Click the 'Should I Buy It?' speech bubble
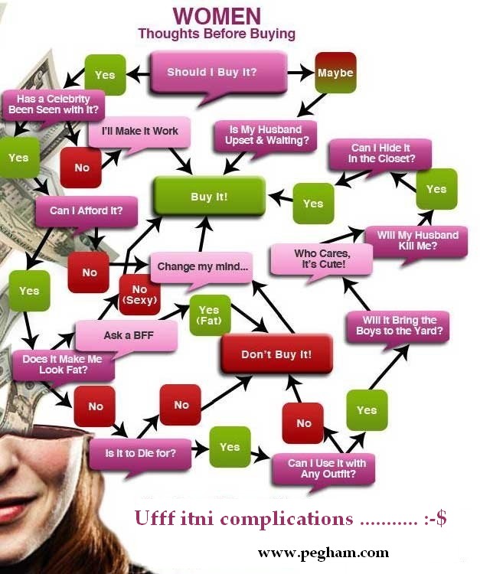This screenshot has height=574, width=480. pyautogui.click(x=218, y=73)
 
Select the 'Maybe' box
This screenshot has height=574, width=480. pyautogui.click(x=335, y=73)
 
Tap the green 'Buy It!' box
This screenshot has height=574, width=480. pyautogui.click(x=210, y=197)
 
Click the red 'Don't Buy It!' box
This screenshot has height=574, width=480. pyautogui.click(x=276, y=354)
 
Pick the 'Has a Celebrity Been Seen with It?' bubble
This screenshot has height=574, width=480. pyautogui.click(x=54, y=105)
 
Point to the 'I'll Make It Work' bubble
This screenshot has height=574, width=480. pyautogui.click(x=139, y=132)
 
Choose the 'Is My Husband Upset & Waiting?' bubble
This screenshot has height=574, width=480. pyautogui.click(x=266, y=135)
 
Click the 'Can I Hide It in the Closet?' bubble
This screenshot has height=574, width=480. pyautogui.click(x=380, y=154)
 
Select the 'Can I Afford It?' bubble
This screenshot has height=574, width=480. pyautogui.click(x=87, y=211)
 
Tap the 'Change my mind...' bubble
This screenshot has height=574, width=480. pyautogui.click(x=202, y=267)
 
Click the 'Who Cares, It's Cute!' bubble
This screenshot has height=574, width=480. pyautogui.click(x=322, y=259)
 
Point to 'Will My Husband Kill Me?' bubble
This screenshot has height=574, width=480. pyautogui.click(x=416, y=241)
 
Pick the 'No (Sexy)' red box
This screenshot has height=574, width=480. pyautogui.click(x=139, y=295)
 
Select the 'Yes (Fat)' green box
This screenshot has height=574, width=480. pyautogui.click(x=210, y=315)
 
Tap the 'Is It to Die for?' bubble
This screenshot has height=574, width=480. pyautogui.click(x=140, y=454)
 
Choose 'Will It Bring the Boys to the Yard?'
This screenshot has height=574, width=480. pyautogui.click(x=398, y=327)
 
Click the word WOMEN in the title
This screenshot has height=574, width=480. pyautogui.click(x=217, y=16)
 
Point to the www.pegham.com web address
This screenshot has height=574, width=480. pyautogui.click(x=323, y=553)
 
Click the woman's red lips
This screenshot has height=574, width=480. pyautogui.click(x=14, y=509)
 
